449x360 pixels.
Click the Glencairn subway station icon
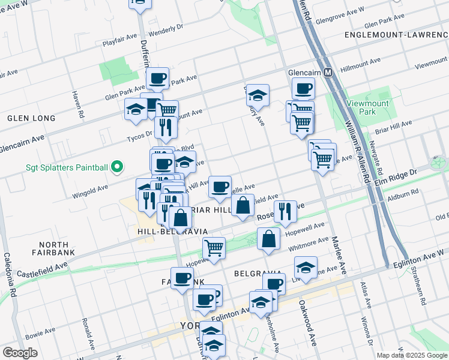[328, 73]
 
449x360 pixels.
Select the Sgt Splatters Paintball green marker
[118, 167]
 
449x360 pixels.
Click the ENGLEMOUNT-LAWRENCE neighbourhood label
[397, 35]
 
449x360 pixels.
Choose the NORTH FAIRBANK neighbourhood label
[57, 248]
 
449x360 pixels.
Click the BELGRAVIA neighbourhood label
[258, 274]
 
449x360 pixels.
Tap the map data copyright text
[412, 355]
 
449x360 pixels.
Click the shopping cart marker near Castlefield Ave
[214, 247]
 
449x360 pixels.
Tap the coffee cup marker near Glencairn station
[303, 89]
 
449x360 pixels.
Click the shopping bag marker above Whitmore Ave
[268, 238]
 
